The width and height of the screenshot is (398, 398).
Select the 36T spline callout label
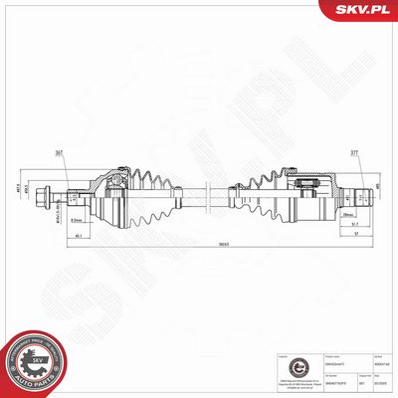coord(60,153)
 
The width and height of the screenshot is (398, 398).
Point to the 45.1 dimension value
coord(78,235)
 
